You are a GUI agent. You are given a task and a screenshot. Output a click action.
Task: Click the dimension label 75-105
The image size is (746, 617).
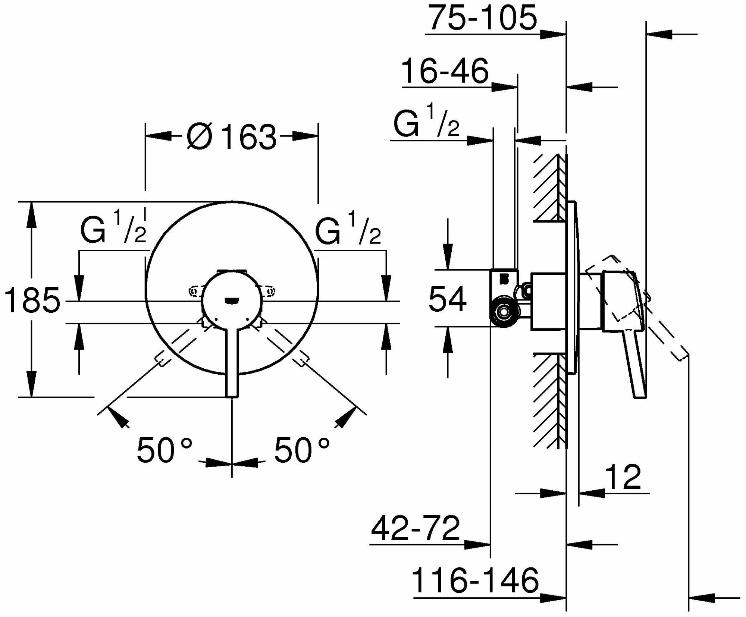[x=482, y=19]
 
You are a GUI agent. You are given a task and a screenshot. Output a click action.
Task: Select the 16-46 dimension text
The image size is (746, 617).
[x=445, y=72]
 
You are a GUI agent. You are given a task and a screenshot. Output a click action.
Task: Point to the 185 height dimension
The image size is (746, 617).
[x=32, y=300]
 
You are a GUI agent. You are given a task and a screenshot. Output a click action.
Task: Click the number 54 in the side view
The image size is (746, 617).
[x=447, y=299]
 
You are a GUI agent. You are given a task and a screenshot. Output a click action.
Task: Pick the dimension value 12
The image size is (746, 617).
[x=623, y=478]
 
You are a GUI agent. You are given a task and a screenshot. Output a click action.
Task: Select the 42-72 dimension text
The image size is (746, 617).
[x=415, y=528]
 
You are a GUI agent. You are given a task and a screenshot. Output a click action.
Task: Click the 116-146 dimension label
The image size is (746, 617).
[x=475, y=581]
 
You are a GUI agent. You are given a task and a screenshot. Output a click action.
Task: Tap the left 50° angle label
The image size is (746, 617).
[x=164, y=450]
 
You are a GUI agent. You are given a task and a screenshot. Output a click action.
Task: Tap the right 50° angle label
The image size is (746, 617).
[x=302, y=450]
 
